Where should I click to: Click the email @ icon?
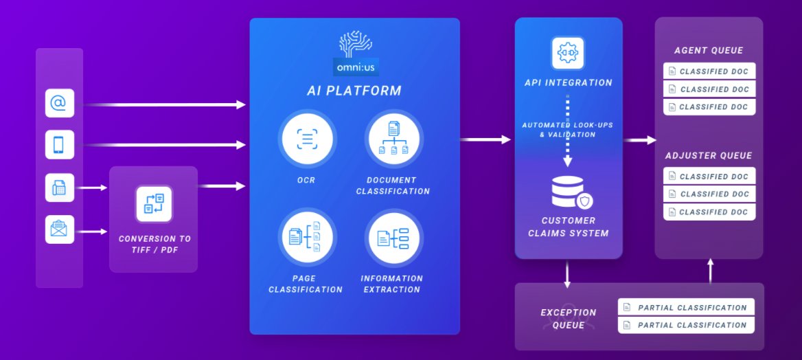coord(59,103)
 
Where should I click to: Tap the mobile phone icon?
coord(59,144)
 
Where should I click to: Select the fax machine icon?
coord(59,188)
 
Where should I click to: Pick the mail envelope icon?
coord(59,229)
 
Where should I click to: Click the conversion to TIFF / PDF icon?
coord(154,204)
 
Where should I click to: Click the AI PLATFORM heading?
coord(354,91)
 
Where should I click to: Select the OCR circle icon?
coord(308,139)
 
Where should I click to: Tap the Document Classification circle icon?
coord(394,139)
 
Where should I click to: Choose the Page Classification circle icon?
coord(308,237)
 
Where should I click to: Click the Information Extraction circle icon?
coord(394,237)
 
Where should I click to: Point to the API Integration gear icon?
coord(568,53)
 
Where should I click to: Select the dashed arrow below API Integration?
coord(568,131)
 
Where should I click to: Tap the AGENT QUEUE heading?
coord(709,51)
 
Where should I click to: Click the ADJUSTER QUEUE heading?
coord(709,156)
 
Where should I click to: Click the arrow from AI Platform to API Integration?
coord(485,139)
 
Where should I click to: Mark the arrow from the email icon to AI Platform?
coord(164,104)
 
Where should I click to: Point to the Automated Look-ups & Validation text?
coord(568,130)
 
